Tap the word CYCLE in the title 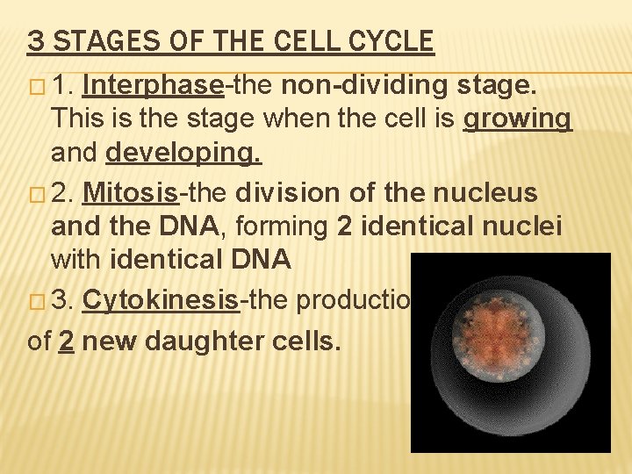pos(392,41)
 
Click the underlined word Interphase pos(154,85)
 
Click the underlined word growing pos(517,119)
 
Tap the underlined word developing pos(183,154)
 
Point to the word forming pos(284,226)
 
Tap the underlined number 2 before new pos(65,340)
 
